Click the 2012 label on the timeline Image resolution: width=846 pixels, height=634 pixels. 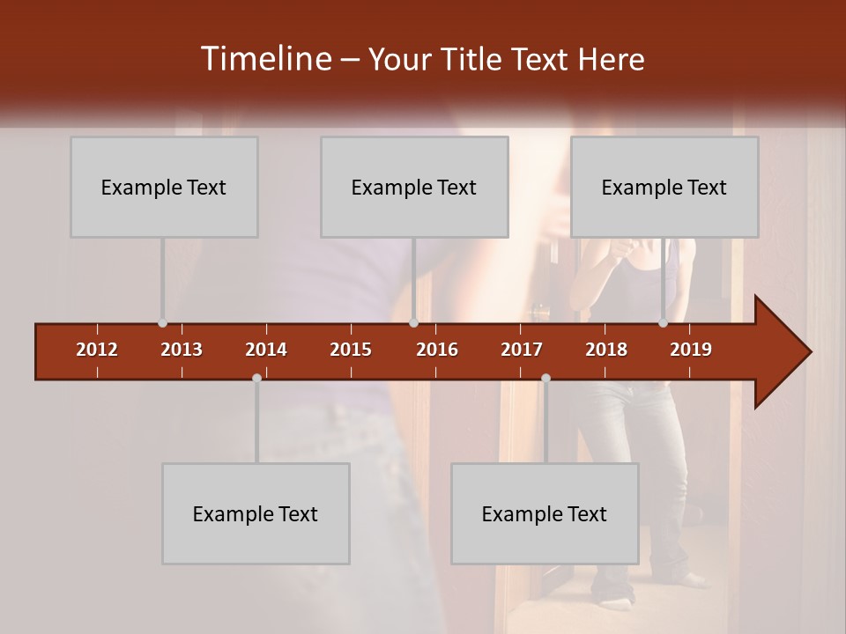pyautogui.click(x=97, y=350)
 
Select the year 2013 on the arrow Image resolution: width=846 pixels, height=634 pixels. pyautogui.click(x=182, y=350)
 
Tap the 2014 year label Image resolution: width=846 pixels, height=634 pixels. pyautogui.click(x=266, y=350)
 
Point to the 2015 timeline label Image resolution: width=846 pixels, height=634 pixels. pyautogui.click(x=351, y=350)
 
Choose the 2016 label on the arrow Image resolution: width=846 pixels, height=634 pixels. pyautogui.click(x=437, y=350)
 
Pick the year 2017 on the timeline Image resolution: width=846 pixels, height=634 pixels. pyautogui.click(x=522, y=350)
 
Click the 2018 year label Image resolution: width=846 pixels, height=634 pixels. pyautogui.click(x=606, y=350)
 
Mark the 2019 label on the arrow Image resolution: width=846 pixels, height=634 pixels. pyautogui.click(x=691, y=350)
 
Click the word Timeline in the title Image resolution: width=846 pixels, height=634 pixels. pyautogui.click(x=265, y=59)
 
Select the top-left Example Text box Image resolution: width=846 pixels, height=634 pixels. pyautogui.click(x=164, y=187)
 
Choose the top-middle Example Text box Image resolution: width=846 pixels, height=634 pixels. pyautogui.click(x=414, y=187)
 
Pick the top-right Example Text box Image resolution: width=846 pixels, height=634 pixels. pyautogui.click(x=664, y=187)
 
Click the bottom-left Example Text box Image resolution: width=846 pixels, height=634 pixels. pyautogui.click(x=256, y=513)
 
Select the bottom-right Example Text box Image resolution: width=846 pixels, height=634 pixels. pyautogui.click(x=545, y=513)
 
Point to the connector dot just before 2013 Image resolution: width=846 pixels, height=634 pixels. pyautogui.click(x=162, y=323)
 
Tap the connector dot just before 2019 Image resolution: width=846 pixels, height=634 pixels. pyautogui.click(x=664, y=323)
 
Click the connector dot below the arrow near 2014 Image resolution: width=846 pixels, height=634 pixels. pyautogui.click(x=256, y=379)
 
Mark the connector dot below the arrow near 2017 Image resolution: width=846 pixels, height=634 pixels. pyautogui.click(x=545, y=379)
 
